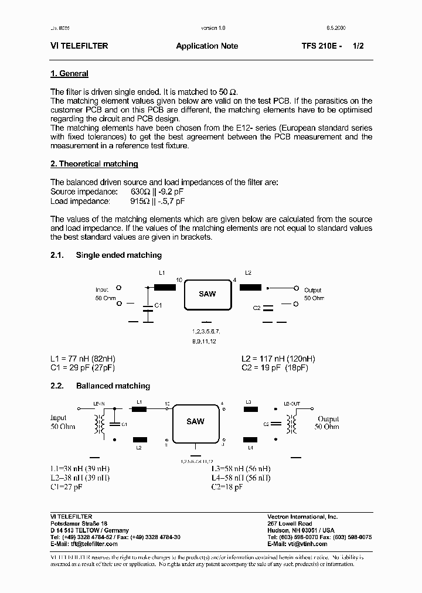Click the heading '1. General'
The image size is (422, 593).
(x=69, y=74)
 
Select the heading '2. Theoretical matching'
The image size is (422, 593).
(x=94, y=164)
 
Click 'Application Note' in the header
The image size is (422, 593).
(x=207, y=46)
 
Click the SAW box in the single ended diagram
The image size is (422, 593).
(x=207, y=294)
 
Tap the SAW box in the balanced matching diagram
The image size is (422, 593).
(x=195, y=422)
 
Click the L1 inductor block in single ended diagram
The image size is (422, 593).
(x=165, y=287)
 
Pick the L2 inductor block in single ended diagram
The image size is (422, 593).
(x=250, y=287)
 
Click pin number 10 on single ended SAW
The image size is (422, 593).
(x=179, y=280)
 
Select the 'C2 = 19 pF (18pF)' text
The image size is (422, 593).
(x=274, y=367)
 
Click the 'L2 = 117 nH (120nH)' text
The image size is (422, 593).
(x=278, y=359)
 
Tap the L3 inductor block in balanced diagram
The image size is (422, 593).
(x=250, y=410)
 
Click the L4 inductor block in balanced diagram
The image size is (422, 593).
(x=250, y=439)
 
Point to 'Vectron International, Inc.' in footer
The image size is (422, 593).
(x=302, y=517)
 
